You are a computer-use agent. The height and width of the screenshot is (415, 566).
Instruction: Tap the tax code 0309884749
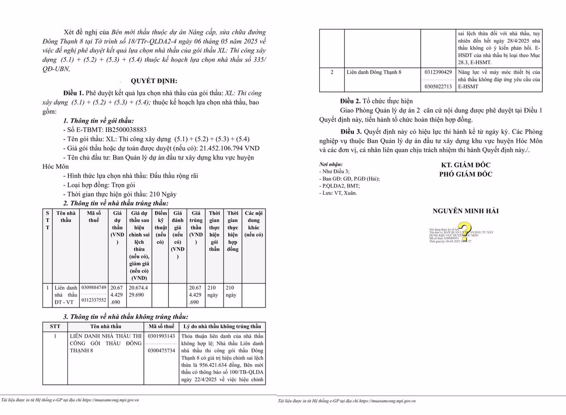94,287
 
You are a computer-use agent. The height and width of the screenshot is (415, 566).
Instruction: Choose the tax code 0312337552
94,299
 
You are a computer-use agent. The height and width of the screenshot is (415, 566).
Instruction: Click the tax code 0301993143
161,336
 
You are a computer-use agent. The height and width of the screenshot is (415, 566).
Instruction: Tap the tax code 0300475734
161,351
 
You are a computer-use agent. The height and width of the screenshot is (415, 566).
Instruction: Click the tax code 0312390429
438,72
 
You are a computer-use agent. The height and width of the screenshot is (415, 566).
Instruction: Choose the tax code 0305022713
438,86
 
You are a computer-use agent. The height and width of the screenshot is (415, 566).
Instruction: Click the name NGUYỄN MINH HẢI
466,211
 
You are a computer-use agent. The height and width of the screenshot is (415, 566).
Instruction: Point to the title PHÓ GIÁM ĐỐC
466,174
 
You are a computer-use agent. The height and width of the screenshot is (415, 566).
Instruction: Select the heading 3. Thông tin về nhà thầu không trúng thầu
125,317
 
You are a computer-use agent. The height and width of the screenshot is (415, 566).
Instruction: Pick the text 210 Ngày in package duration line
160,194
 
